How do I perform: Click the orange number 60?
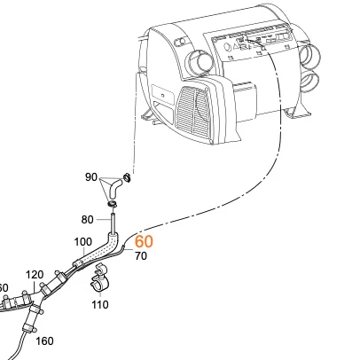click(144, 241)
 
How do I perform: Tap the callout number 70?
click(140, 256)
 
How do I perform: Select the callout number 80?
click(87, 219)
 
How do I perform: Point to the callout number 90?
click(90, 177)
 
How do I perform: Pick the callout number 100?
click(82, 241)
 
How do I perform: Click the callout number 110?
click(99, 304)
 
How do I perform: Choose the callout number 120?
click(35, 274)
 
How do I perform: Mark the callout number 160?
click(43, 340)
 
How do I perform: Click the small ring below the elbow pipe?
click(113, 205)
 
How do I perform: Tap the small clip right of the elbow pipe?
click(128, 178)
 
